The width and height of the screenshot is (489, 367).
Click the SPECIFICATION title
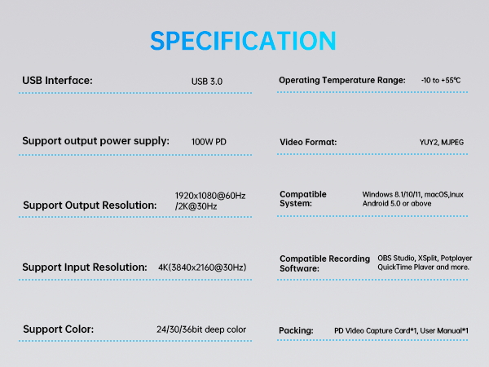click(243, 41)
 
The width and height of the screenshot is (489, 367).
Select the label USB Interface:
click(57, 80)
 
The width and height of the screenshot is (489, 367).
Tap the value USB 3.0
click(206, 82)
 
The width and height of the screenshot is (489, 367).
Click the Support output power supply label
click(95, 140)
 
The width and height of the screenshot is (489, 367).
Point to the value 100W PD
click(209, 142)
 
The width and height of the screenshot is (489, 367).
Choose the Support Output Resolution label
click(90, 206)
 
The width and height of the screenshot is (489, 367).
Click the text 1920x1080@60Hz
click(210, 196)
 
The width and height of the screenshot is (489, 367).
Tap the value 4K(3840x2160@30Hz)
click(202, 268)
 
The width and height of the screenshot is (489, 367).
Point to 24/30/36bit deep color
click(201, 329)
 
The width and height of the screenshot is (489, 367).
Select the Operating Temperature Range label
click(341, 80)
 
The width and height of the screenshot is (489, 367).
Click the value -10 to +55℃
click(441, 80)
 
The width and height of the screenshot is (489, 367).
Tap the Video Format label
click(308, 142)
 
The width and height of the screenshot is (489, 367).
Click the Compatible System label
click(303, 199)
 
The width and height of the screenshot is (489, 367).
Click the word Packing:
click(296, 330)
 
